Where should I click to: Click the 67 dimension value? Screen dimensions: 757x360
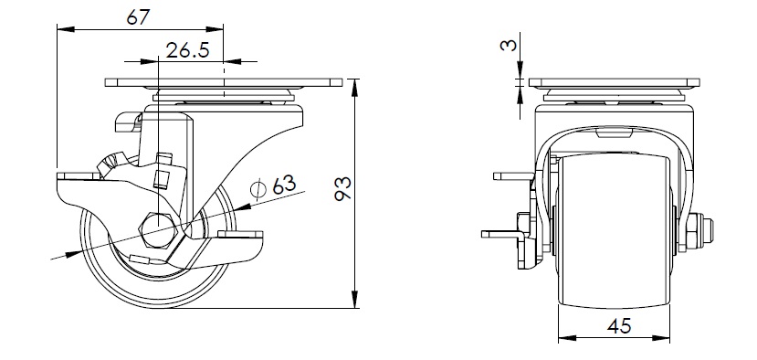(139, 17)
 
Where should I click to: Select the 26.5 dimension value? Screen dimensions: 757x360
(187, 49)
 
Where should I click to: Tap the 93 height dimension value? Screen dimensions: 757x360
(343, 188)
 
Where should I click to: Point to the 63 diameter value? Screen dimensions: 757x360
(283, 185)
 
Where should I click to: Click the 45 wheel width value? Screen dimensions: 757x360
(619, 326)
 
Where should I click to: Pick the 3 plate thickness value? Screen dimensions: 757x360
(509, 45)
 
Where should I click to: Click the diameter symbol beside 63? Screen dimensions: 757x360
(258, 189)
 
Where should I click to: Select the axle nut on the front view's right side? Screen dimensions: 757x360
(696, 233)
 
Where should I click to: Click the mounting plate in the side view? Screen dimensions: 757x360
(224, 82)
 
